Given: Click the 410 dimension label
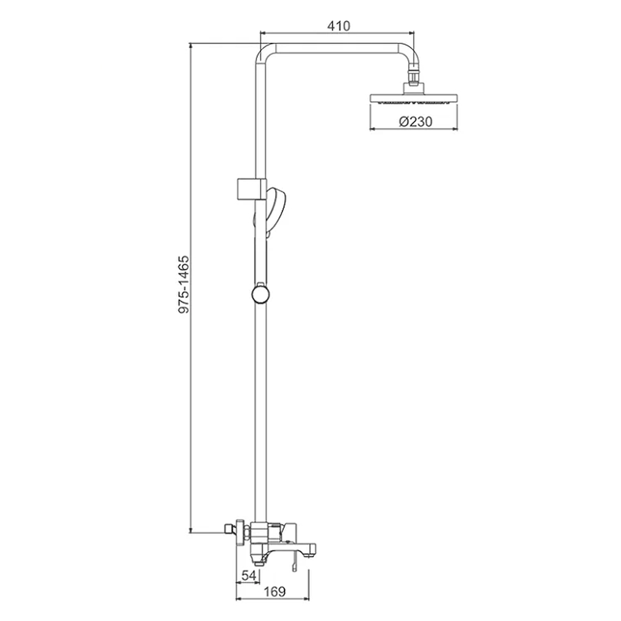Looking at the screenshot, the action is point(338,26).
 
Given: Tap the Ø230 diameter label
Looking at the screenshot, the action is point(415,122).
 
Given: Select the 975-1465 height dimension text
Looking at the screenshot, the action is point(184,285).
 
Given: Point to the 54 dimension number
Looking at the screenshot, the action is point(249,576).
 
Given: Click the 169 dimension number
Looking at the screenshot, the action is point(274,592).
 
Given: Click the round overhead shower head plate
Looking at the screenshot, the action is point(414,98).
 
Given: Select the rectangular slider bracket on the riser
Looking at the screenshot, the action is point(251,189).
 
